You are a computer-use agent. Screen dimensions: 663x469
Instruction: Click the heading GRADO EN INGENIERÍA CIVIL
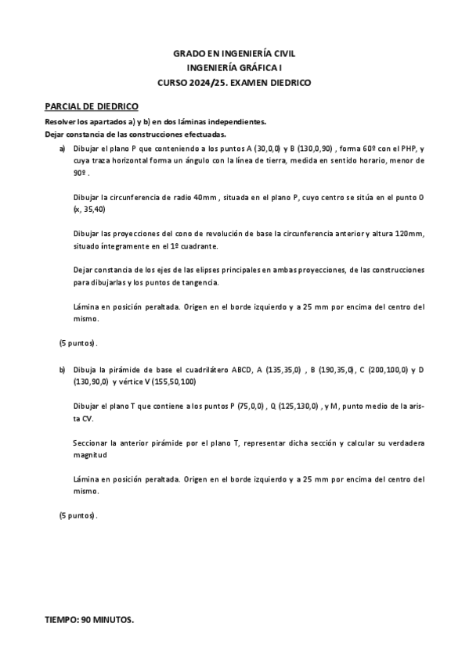(234, 52)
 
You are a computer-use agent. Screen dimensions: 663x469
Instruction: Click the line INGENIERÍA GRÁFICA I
(234, 67)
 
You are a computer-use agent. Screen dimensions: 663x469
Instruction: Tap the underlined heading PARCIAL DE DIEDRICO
(92, 106)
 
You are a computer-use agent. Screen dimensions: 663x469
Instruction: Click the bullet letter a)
(63, 148)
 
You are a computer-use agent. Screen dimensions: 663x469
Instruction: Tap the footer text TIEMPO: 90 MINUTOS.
(89, 620)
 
